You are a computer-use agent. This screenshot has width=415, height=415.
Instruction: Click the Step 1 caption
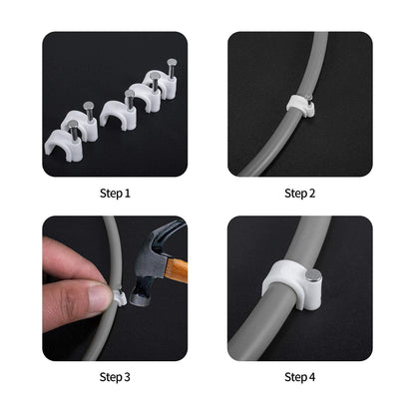pyautogui.click(x=115, y=193)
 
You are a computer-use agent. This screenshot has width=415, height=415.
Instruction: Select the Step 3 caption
pyautogui.click(x=115, y=376)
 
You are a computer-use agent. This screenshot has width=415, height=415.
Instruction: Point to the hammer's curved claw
pyautogui.click(x=170, y=237)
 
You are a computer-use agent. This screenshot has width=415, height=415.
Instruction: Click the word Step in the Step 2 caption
pyautogui.click(x=293, y=193)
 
